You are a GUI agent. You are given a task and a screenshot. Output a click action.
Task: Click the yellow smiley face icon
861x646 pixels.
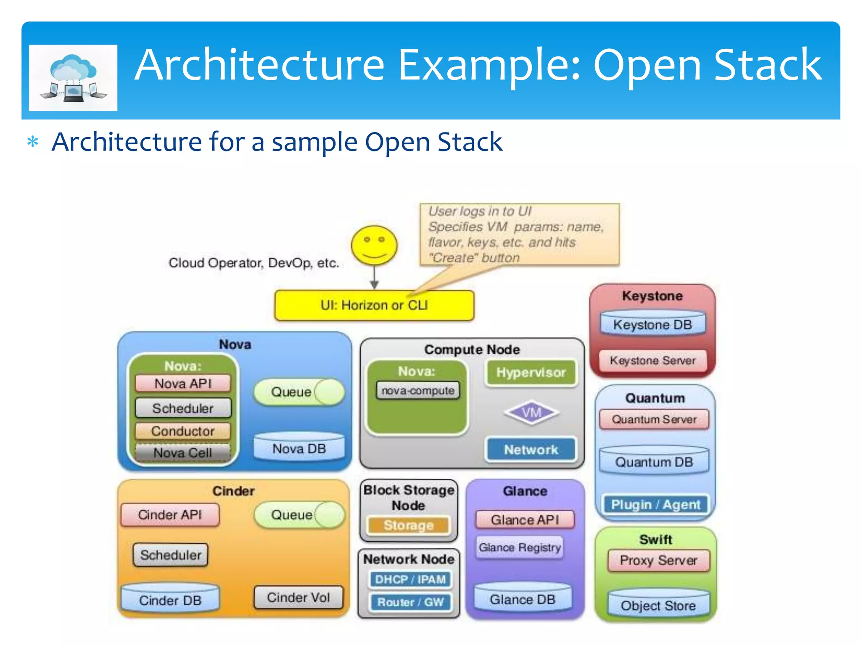[x=374, y=246]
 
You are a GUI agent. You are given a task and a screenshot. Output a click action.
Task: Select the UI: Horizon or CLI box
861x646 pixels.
[x=374, y=305]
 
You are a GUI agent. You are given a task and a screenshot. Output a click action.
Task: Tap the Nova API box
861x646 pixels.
[x=183, y=384]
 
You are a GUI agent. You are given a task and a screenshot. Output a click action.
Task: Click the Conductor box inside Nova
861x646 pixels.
[x=183, y=431]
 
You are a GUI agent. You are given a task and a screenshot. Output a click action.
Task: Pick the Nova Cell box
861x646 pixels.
[x=183, y=453]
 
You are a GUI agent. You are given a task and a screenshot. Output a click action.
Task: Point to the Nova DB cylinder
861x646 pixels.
[x=299, y=448]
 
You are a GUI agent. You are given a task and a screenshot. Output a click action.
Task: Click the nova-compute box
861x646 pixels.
[x=418, y=391]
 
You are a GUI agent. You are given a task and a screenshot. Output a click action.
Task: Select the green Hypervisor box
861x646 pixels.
[x=531, y=373]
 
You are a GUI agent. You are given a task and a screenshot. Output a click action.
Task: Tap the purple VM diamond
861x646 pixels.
[x=531, y=413]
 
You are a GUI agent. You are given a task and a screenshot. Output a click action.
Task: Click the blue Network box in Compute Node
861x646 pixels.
[x=531, y=450]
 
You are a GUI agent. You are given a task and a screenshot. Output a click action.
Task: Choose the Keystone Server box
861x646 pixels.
[x=652, y=360]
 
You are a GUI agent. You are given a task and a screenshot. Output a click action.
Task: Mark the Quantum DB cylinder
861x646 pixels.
[x=654, y=461]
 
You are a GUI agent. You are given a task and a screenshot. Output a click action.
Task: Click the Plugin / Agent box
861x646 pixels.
[x=655, y=504]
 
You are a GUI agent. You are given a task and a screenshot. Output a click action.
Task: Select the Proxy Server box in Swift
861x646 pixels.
[x=658, y=561]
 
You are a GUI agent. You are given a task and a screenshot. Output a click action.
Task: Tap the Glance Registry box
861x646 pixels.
[x=520, y=547]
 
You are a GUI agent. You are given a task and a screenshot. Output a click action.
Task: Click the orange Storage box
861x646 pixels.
[x=409, y=525]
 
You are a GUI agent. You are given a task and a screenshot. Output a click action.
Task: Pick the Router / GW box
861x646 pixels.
[x=410, y=602]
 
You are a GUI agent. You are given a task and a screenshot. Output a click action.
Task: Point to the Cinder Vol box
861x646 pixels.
[x=298, y=598]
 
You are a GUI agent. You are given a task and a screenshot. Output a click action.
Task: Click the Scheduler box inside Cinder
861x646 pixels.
[x=171, y=555]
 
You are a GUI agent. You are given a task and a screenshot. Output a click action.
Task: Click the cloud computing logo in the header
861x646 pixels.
[x=73, y=78]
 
